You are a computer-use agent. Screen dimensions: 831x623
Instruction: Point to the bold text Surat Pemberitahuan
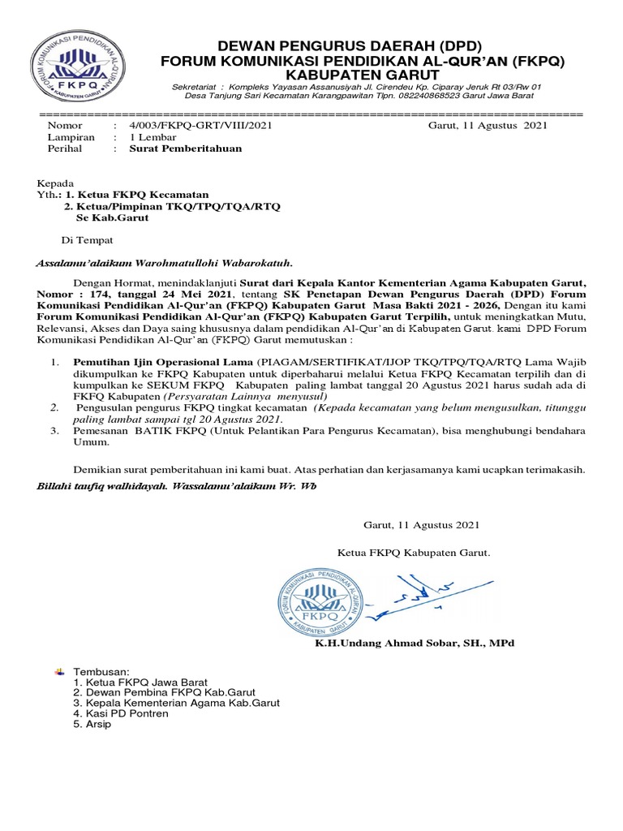pyautogui.click(x=178, y=149)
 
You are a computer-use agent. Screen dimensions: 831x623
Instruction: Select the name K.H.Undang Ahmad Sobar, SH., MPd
pyautogui.click(x=415, y=643)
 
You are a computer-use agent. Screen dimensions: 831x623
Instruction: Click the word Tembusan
pyautogui.click(x=101, y=672)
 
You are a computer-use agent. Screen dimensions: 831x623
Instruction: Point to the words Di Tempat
pyautogui.click(x=88, y=240)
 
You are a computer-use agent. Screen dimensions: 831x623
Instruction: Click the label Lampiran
pyautogui.click(x=71, y=137)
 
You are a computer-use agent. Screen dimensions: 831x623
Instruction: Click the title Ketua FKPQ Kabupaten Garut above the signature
pyautogui.click(x=415, y=553)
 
